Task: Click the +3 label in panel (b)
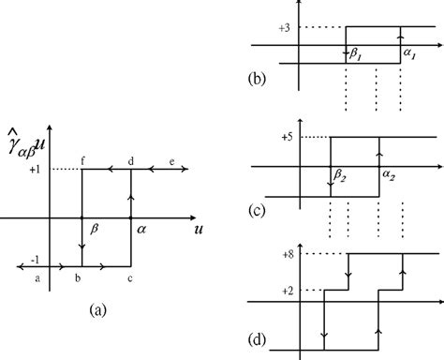coord(285,27)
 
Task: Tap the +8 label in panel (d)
coord(285,254)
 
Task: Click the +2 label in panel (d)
coord(285,292)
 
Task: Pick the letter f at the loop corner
coord(82,161)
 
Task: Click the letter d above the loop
coord(130,161)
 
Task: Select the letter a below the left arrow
coord(37,278)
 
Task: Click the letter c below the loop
coord(130,278)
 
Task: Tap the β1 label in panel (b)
coord(358,56)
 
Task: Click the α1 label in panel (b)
coord(410,55)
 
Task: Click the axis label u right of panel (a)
coord(200,229)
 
